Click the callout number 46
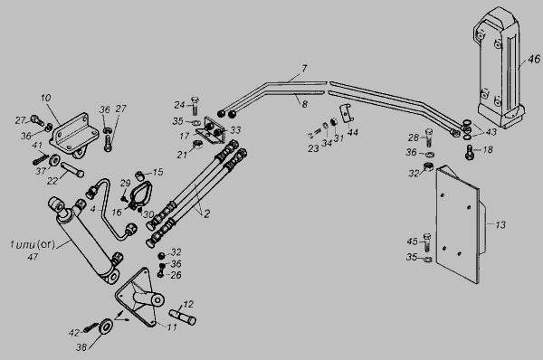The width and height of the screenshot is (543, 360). coord(534,59)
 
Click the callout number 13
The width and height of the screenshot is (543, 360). coord(500,225)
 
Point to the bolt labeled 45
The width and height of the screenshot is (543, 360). coord(427,242)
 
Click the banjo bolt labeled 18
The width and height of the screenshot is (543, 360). coord(469,152)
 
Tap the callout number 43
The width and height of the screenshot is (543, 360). coord(491,131)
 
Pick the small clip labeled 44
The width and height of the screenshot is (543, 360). coord(347,112)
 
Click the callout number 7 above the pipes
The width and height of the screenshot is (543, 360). coord(304,69)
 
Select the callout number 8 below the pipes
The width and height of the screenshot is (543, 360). coord(304,104)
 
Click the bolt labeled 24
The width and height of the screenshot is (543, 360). coord(194,105)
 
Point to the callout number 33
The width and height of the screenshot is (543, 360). coord(235,130)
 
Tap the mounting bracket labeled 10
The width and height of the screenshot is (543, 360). coord(74,136)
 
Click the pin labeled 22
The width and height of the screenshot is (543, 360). coord(72,170)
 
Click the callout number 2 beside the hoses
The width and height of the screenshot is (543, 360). coord(206,213)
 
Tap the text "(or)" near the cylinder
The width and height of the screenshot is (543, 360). coord(46,244)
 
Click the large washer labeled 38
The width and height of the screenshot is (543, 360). coord(105,326)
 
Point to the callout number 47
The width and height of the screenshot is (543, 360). coord(33,257)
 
